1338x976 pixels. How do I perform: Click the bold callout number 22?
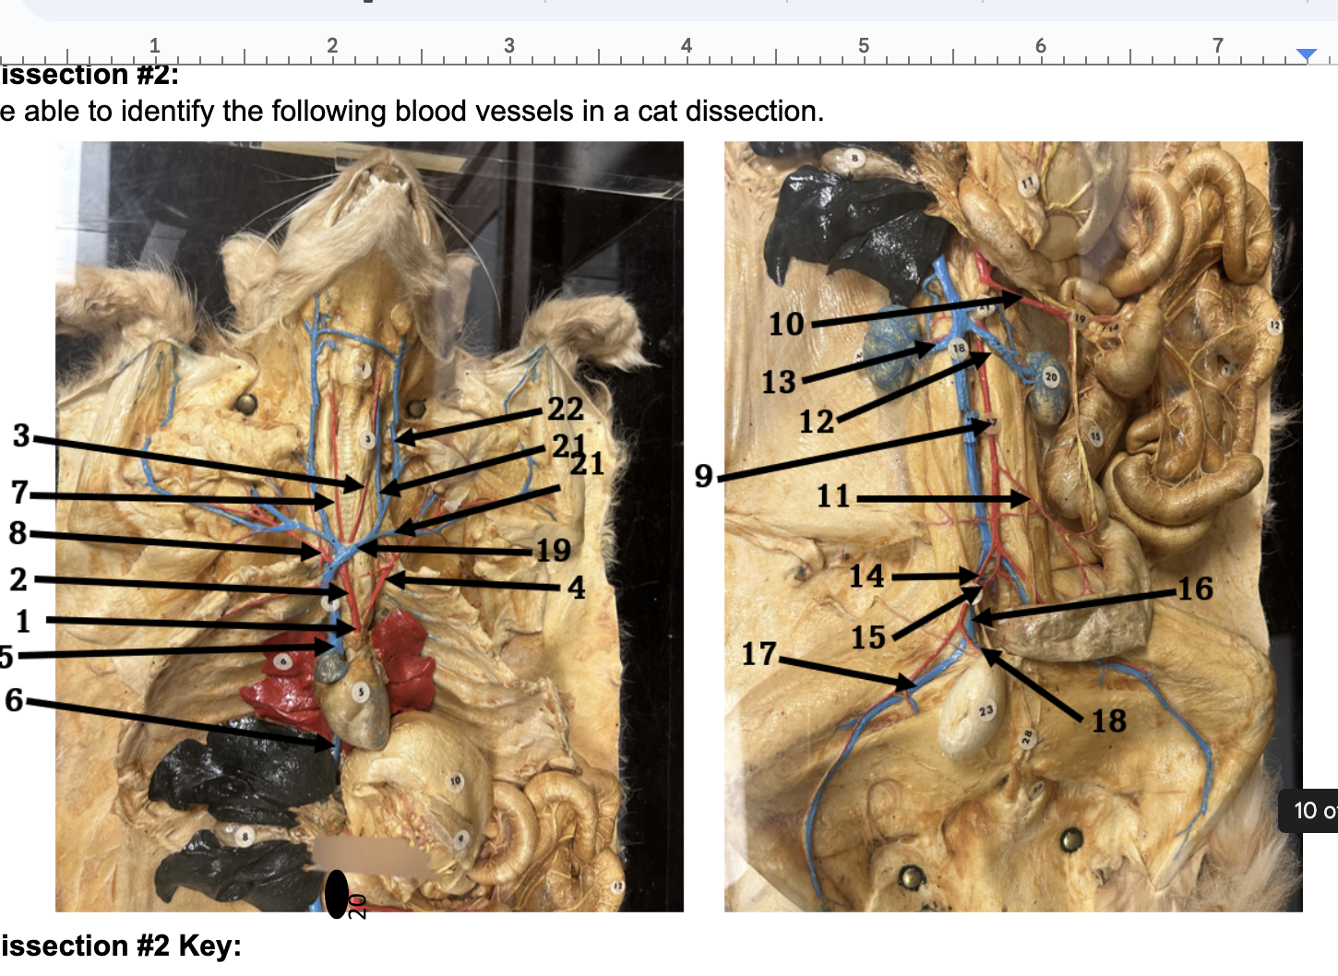pyautogui.click(x=565, y=409)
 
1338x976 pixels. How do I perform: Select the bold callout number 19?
pyautogui.click(x=554, y=551)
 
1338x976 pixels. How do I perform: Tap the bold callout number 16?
pyautogui.click(x=1195, y=589)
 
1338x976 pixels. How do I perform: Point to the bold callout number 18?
pyautogui.click(x=1108, y=720)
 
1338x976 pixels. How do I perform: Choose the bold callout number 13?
pyautogui.click(x=778, y=382)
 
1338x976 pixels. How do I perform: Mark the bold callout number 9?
pyautogui.click(x=704, y=476)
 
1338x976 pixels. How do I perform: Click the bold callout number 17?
pyautogui.click(x=759, y=654)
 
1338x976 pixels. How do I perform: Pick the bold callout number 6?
pyautogui.click(x=14, y=700)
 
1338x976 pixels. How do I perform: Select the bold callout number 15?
pyautogui.click(x=867, y=637)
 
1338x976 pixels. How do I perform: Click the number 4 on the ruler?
pyautogui.click(x=686, y=45)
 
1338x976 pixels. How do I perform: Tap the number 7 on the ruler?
pyautogui.click(x=1217, y=45)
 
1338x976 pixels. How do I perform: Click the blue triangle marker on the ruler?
pyautogui.click(x=1306, y=55)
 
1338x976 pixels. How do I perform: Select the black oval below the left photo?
pyautogui.click(x=337, y=893)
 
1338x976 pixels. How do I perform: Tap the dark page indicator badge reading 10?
pyautogui.click(x=1309, y=812)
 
